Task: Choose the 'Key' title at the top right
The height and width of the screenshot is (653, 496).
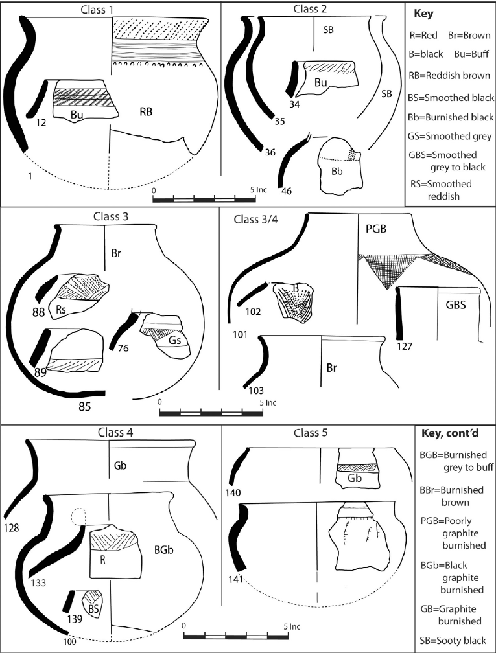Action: coord(423,13)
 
